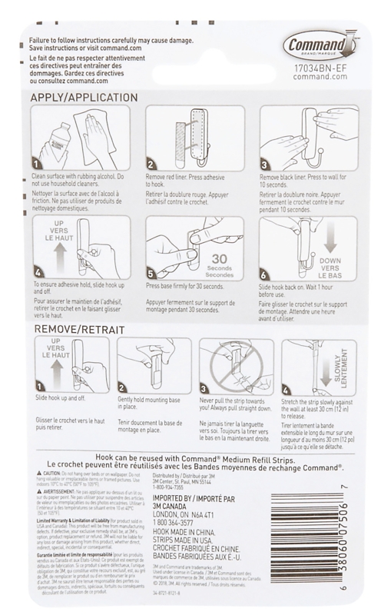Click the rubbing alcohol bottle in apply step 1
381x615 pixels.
55,141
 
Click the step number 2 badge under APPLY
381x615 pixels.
151,163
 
